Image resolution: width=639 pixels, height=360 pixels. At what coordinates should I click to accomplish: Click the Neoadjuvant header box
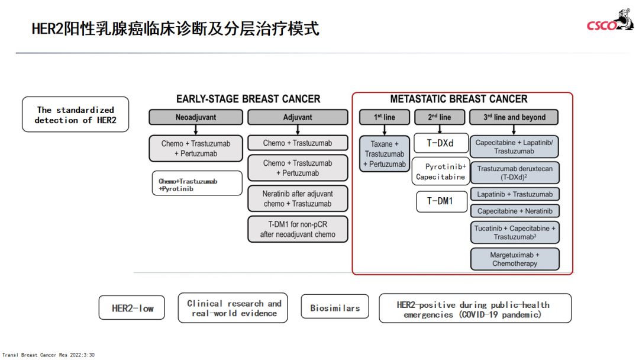tap(195, 117)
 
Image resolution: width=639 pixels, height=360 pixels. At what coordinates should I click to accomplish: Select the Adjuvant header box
tap(298, 117)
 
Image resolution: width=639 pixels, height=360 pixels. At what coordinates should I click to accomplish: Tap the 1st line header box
tap(385, 117)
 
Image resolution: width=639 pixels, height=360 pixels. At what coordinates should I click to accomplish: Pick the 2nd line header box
tap(439, 117)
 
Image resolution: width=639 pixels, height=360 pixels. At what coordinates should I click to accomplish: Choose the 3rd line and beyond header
tap(514, 117)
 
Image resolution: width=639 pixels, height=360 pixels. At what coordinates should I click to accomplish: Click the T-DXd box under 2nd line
tap(440, 143)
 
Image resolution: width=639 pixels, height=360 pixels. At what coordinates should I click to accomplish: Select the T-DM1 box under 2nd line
tap(440, 201)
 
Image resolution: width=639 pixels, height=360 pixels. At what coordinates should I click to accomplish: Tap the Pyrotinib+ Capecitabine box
tap(441, 172)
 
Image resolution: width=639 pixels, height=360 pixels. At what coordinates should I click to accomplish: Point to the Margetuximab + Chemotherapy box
tap(515, 259)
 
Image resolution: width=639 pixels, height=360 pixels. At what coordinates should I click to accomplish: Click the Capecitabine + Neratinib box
tap(515, 211)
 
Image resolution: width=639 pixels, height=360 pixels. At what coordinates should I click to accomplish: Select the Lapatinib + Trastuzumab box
tap(515, 194)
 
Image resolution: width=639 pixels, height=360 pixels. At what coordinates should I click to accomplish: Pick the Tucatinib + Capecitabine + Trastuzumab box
tap(515, 232)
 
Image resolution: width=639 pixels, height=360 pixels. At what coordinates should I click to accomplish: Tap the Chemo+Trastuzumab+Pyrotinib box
tap(196, 184)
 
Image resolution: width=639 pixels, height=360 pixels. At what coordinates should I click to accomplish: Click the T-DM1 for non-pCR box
tap(298, 229)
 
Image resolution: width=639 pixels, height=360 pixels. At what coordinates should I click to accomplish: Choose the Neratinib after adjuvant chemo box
tap(298, 198)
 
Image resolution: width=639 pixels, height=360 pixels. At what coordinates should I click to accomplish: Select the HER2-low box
tap(132, 308)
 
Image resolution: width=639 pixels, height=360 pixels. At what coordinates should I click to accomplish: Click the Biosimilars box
tap(335, 308)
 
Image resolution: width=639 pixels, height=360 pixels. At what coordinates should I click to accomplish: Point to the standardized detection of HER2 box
tap(75, 114)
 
